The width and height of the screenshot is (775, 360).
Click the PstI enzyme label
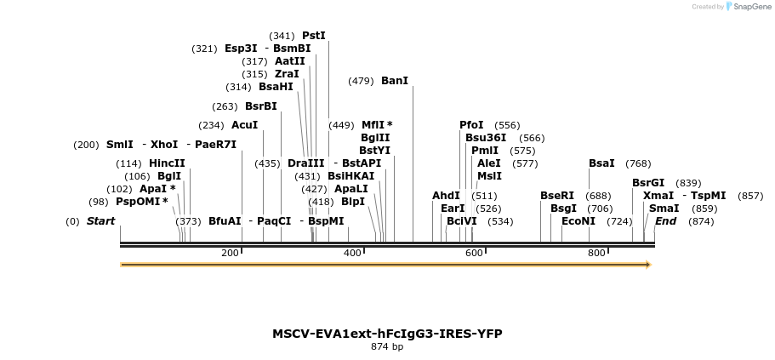coord(313,36)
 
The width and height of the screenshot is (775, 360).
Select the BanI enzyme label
coord(395,81)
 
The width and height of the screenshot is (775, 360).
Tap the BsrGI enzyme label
coord(648,183)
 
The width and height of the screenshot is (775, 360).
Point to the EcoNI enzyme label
coord(578,221)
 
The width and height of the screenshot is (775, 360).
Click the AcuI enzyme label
coord(244,125)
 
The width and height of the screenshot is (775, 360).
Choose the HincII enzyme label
coord(167,163)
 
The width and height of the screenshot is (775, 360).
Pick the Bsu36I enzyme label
coord(486,138)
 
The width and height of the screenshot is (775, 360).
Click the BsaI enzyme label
coord(601,163)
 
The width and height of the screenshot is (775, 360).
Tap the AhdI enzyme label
coord(446,196)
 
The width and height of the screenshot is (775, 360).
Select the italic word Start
coord(100,221)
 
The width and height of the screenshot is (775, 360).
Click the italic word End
coord(665,221)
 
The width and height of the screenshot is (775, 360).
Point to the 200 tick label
coord(230,253)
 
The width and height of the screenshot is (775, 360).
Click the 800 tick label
coord(596,253)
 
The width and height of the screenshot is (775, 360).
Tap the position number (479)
coord(361,81)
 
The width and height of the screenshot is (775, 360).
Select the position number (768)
coord(638,163)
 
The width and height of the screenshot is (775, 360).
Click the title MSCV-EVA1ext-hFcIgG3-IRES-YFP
coord(387,334)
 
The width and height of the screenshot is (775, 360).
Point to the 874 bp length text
coord(387,347)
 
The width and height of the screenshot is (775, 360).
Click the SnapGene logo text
coord(749,7)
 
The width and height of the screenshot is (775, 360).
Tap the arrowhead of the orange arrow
coord(648,265)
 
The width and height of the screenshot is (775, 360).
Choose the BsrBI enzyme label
coord(261,106)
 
